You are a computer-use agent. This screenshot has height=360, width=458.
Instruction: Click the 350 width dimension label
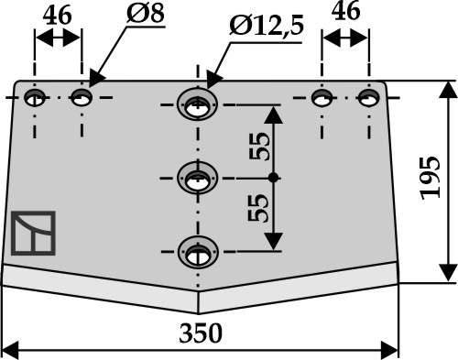(201, 333)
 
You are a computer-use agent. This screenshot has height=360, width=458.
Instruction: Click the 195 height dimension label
(431, 178)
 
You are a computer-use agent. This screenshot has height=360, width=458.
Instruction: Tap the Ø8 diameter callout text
(146, 13)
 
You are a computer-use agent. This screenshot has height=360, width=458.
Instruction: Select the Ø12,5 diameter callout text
(267, 26)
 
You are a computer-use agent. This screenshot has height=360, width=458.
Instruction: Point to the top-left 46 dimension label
(57, 16)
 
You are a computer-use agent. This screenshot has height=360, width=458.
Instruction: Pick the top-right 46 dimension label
(345, 11)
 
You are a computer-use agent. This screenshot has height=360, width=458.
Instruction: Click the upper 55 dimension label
(259, 147)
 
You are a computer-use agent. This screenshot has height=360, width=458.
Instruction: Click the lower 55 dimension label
(258, 208)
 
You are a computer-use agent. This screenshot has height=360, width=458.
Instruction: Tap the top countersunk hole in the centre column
(197, 104)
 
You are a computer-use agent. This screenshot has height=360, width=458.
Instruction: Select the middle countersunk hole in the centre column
(198, 178)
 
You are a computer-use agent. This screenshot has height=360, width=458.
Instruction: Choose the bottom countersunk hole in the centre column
(198, 252)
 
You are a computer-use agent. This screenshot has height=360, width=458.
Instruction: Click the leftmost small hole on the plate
(35, 98)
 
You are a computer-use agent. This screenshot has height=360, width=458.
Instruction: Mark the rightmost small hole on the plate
(369, 98)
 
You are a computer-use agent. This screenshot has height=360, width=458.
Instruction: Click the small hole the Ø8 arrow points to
(82, 97)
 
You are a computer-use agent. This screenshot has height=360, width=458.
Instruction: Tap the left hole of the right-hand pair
(322, 98)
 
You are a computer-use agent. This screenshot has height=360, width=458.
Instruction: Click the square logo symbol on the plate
(33, 233)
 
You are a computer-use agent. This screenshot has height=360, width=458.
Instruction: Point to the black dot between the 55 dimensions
(274, 178)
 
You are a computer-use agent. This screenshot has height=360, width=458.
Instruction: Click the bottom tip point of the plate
(198, 314)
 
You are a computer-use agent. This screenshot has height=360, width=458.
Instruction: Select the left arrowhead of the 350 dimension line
(10, 350)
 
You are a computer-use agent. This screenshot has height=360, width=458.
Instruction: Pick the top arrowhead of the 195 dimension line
(448, 90)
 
